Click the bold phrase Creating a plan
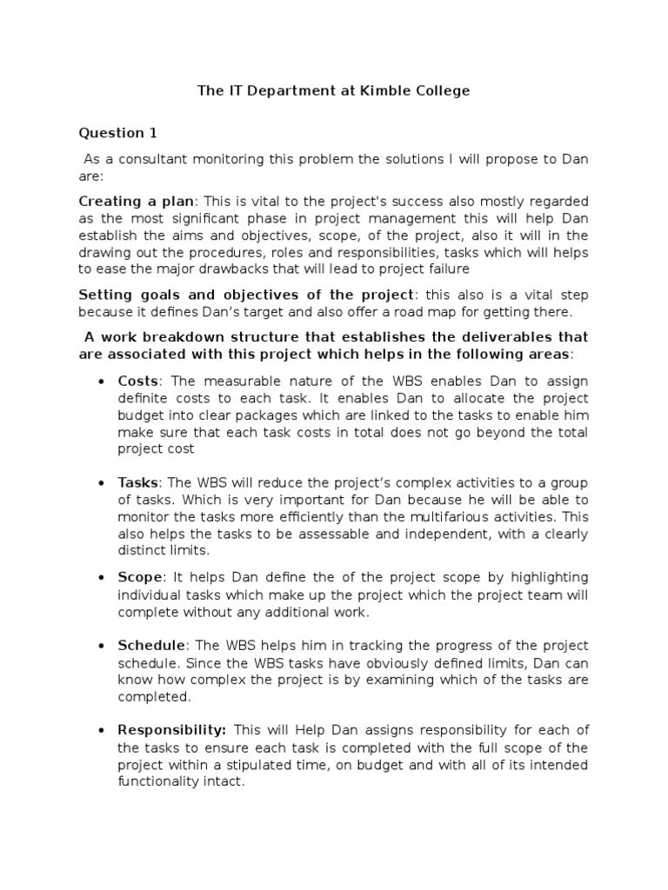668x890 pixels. pos(138,201)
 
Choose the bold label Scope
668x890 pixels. pos(140,577)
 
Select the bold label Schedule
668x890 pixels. pos(151,645)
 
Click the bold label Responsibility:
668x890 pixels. pos(172,730)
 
